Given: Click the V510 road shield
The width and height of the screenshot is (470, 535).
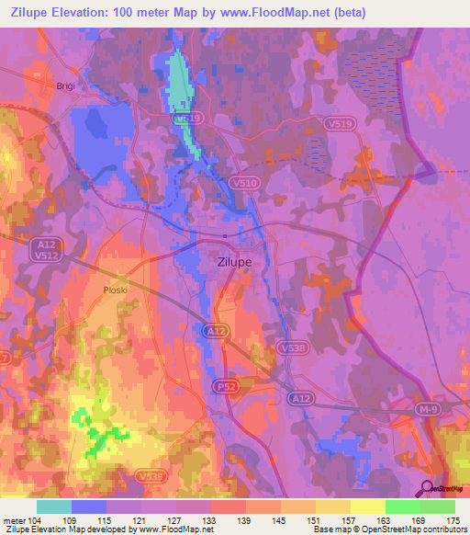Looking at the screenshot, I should [x=244, y=184].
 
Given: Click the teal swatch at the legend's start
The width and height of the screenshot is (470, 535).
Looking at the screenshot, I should [x=54, y=507].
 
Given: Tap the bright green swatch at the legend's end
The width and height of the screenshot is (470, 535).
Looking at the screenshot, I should [x=437, y=507].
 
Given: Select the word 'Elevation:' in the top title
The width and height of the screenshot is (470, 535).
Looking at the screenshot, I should [x=102, y=12].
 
